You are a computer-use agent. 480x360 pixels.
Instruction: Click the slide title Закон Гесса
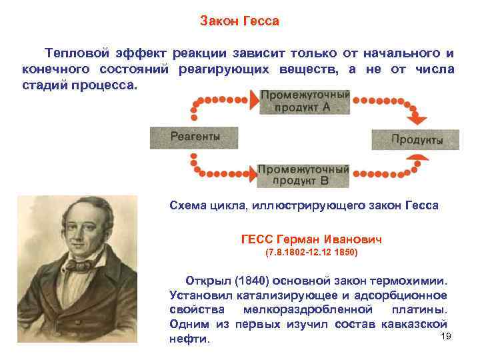pyautogui.click(x=239, y=21)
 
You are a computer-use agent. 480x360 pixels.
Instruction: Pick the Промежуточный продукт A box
pyautogui.click(x=303, y=101)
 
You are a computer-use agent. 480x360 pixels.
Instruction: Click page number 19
pyautogui.click(x=447, y=336)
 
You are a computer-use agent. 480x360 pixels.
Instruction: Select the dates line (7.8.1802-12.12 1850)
pyautogui.click(x=311, y=253)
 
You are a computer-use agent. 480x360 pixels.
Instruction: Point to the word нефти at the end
pyautogui.click(x=190, y=339)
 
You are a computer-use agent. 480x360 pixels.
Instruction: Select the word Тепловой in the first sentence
pyautogui.click(x=73, y=53)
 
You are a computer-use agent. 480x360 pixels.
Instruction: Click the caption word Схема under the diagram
pyautogui.click(x=188, y=205)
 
